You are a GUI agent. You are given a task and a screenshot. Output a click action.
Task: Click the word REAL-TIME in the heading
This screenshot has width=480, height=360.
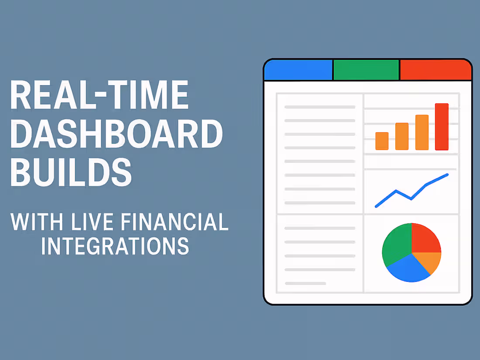[99, 95]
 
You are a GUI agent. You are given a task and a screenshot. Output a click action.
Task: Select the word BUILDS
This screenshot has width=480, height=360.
[71, 173]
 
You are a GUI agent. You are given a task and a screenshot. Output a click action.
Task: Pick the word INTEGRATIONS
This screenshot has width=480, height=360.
[115, 246]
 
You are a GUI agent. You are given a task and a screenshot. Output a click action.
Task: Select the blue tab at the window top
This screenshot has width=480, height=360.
[298, 70]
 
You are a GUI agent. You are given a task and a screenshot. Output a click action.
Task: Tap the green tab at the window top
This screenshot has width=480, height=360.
[366, 70]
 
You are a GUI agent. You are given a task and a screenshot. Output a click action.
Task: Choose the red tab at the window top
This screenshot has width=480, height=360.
[435, 70]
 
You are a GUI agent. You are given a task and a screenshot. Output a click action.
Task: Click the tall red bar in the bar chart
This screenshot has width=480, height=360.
[442, 127]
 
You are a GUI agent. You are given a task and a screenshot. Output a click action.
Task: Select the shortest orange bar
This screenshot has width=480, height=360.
[382, 141]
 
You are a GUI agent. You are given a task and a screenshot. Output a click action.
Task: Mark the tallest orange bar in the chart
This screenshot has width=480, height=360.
[422, 132]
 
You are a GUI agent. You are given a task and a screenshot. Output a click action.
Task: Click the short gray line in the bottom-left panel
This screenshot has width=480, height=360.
[305, 284]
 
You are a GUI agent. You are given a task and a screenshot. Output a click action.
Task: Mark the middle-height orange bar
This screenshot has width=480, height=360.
[402, 136]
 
